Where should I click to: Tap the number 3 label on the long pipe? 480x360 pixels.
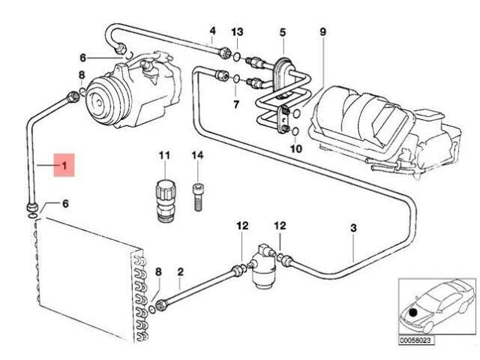(x=353, y=228)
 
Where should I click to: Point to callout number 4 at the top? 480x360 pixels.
(x=212, y=31)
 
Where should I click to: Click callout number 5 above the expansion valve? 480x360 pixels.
(x=283, y=31)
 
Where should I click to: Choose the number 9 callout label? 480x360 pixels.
(x=323, y=31)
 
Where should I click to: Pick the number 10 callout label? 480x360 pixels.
(x=295, y=149)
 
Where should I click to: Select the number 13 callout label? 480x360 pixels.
(x=238, y=31)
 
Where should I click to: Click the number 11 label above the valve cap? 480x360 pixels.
(x=165, y=156)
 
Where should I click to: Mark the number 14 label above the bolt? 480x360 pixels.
(x=197, y=156)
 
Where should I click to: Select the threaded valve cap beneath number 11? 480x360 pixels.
(x=165, y=200)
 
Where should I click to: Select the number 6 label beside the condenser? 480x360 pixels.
(x=64, y=205)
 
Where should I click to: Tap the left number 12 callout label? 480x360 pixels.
(x=241, y=226)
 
